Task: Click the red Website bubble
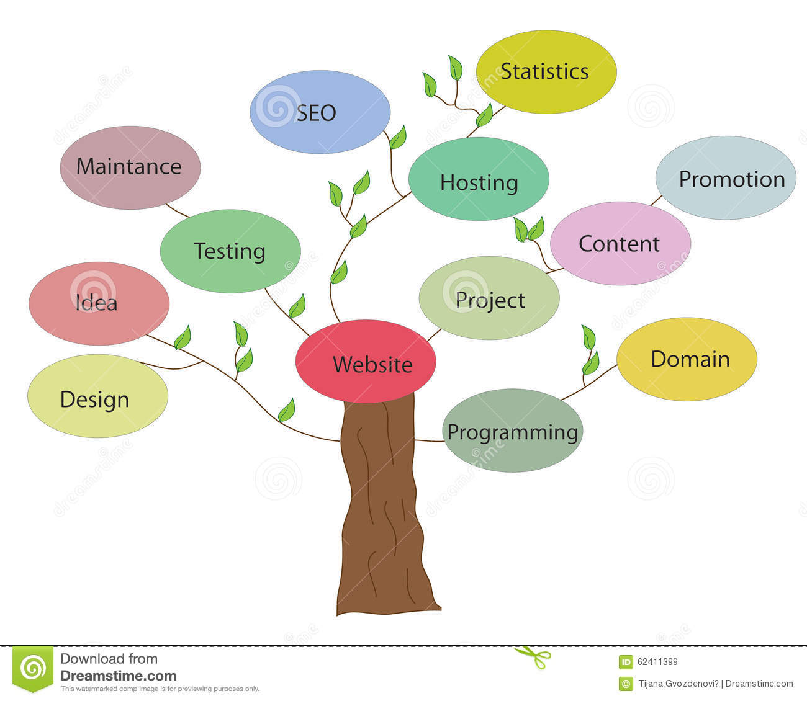click(366, 361)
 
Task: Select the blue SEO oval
click(320, 112)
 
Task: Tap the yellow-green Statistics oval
click(546, 72)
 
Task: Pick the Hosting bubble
click(479, 179)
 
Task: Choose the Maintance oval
click(130, 167)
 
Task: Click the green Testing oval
click(230, 251)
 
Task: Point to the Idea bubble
click(99, 304)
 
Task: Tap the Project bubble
click(489, 298)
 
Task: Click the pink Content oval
click(620, 243)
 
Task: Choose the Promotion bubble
click(726, 178)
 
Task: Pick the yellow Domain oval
click(687, 359)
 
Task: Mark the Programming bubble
click(512, 431)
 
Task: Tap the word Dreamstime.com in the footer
click(119, 676)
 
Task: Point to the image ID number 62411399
click(657, 662)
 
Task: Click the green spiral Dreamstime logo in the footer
click(34, 669)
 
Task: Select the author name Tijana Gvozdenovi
click(677, 684)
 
